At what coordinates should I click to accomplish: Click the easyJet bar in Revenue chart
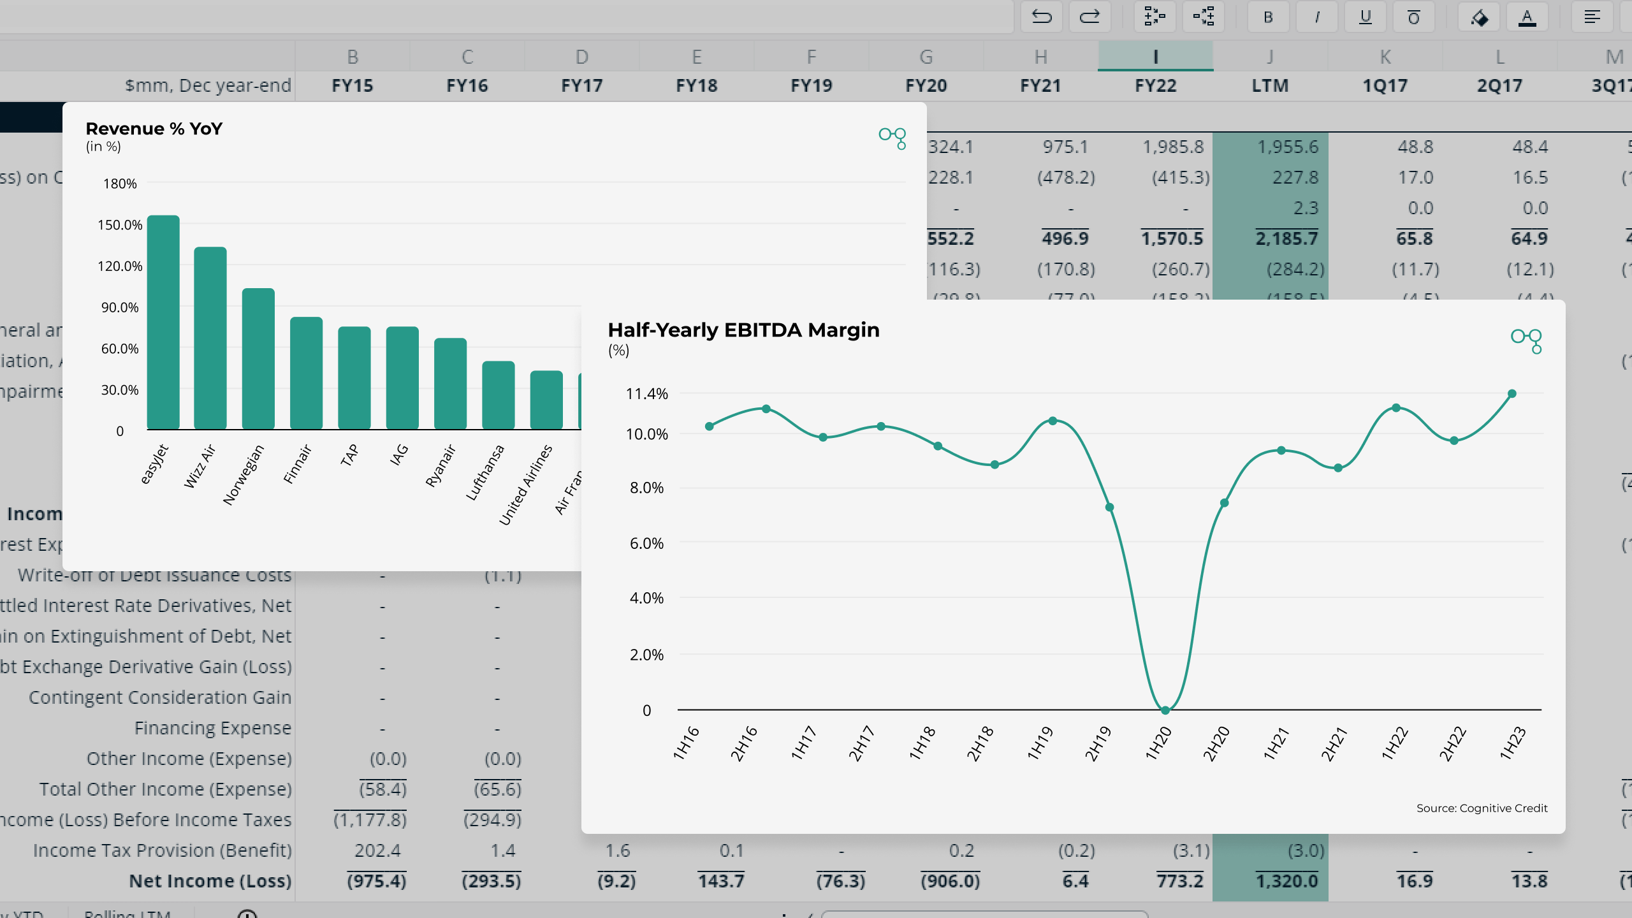[x=163, y=322]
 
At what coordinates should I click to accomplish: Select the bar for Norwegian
[x=258, y=358]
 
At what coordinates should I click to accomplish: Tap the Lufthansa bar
[x=498, y=395]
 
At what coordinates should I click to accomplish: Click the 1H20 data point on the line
[x=1165, y=710]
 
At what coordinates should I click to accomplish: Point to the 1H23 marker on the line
[x=1512, y=394]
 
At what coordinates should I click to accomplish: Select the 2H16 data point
[x=766, y=409]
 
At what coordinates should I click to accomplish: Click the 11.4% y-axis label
[x=646, y=394]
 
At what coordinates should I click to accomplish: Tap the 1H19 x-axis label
[x=1040, y=743]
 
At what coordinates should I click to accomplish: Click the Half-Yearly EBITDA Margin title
[x=743, y=330]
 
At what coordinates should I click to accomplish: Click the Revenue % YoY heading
[x=154, y=129]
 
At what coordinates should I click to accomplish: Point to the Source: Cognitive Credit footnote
[x=1482, y=808]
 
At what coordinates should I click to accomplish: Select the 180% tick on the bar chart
[x=120, y=184]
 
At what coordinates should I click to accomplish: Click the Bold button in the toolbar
[x=1268, y=17]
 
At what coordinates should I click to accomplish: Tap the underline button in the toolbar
[x=1365, y=17]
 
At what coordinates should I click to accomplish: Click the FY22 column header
[x=1155, y=85]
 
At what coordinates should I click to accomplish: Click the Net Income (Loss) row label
[x=210, y=881]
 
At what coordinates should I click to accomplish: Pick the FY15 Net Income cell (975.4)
[x=376, y=881]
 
